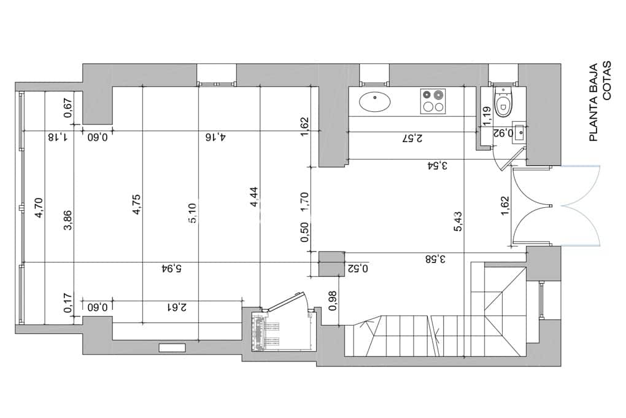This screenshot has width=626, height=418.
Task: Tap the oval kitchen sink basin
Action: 374,101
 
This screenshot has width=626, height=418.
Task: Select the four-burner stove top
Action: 433,101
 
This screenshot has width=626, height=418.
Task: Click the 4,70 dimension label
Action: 39,208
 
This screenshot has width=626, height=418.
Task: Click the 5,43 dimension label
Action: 458,221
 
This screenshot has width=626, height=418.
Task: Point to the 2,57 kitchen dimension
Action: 411,138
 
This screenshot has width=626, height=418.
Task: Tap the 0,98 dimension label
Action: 334,299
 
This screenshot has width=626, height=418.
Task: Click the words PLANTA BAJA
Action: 593,102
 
